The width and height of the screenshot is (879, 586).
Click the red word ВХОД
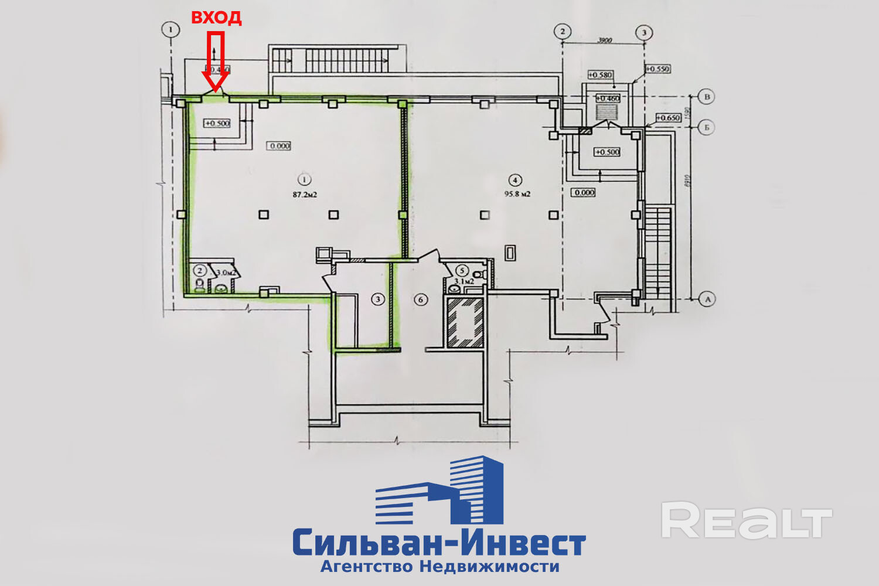pyautogui.click(x=216, y=18)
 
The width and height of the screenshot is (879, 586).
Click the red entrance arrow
pyautogui.click(x=216, y=64)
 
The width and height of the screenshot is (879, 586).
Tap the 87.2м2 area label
pyautogui.click(x=305, y=195)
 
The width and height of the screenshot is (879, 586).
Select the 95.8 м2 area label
pyautogui.click(x=517, y=194)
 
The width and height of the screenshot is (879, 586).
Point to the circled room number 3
pyautogui.click(x=378, y=299)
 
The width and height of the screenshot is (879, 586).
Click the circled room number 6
pyautogui.click(x=420, y=299)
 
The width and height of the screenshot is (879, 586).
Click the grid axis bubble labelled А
pyautogui.click(x=707, y=299)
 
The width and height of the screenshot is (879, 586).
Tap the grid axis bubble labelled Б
pyautogui.click(x=707, y=127)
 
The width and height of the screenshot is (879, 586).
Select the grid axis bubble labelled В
pyautogui.click(x=707, y=97)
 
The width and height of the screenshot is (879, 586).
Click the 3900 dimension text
pyautogui.click(x=604, y=40)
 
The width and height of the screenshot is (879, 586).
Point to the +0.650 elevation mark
pyautogui.click(x=668, y=118)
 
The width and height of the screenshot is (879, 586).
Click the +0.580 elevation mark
pyautogui.click(x=600, y=75)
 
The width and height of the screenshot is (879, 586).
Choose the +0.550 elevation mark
pyautogui.click(x=657, y=69)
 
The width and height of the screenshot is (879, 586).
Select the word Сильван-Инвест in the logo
pyautogui.click(x=439, y=543)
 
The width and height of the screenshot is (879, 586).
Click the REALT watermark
pyautogui.click(x=746, y=520)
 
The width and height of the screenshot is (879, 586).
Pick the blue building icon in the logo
pyautogui.click(x=439, y=491)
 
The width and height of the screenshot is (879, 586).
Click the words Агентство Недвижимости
pyautogui.click(x=439, y=567)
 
